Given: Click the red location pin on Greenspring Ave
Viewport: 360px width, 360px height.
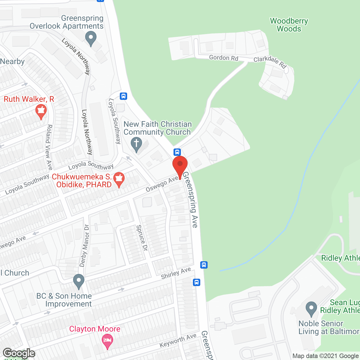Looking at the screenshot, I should tap(180, 166).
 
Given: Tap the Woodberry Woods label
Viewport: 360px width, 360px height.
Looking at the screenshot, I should tap(289, 25).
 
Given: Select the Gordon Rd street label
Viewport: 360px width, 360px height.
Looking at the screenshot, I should tap(224, 58).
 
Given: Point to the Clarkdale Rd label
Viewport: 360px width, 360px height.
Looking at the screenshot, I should tap(270, 62).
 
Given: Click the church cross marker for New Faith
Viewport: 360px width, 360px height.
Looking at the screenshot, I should tap(136, 144).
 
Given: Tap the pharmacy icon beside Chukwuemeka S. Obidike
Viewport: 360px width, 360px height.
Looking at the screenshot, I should tap(119, 179).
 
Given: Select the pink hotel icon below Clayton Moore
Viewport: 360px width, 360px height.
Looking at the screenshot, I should tap(107, 341).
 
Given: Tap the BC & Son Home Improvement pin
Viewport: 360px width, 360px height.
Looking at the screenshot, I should tap(79, 281).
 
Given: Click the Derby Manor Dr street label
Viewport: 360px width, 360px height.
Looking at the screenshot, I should tap(84, 245).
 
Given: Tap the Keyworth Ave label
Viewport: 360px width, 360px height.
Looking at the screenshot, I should tap(178, 341).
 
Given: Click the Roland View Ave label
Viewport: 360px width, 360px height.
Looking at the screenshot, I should tap(49, 147).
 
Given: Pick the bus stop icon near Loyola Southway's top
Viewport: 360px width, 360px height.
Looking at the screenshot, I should tap(123, 96).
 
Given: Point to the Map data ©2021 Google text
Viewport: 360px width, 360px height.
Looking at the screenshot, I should tap(326, 356).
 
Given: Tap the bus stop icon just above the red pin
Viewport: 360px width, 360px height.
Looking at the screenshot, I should tap(177, 152).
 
